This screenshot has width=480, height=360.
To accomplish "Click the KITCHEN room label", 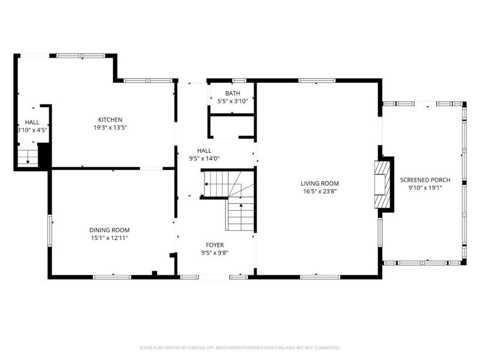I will click(x=110, y=119).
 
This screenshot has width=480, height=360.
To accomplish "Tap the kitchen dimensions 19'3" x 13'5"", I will click(x=110, y=127).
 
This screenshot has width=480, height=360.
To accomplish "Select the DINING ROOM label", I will click(x=109, y=230).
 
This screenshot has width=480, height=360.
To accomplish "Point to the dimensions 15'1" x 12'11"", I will click(x=109, y=238).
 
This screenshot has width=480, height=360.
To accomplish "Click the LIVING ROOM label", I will click(x=320, y=184).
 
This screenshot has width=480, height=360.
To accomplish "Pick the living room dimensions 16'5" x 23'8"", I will click(x=320, y=191).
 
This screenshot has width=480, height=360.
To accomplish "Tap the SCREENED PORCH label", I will click(x=425, y=180).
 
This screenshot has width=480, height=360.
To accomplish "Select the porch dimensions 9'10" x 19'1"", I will click(x=425, y=188).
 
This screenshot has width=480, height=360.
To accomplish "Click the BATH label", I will click(x=232, y=94).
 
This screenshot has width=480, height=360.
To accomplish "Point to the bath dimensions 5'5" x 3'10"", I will click(x=232, y=101).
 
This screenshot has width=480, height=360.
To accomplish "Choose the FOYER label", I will click(x=215, y=245).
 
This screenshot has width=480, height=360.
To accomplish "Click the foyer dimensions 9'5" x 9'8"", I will click(x=215, y=253).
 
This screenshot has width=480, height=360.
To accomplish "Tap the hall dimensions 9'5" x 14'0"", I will click(x=204, y=159).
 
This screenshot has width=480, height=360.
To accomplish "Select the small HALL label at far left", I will click(x=32, y=122).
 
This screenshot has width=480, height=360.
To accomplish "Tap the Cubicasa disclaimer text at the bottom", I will click(x=239, y=347).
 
